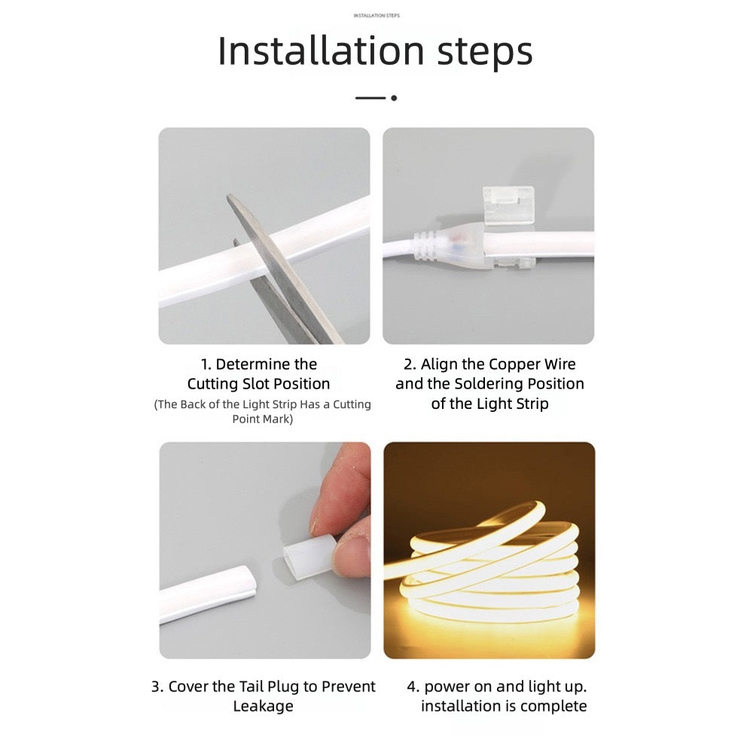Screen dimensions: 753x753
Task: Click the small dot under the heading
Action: (x=394, y=98)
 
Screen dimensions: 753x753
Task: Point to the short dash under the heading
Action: (x=370, y=98)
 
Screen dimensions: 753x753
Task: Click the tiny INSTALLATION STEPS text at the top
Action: (x=376, y=15)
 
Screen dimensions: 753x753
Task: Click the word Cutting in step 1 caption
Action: (x=213, y=384)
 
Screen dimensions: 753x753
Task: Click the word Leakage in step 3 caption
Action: (x=263, y=706)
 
